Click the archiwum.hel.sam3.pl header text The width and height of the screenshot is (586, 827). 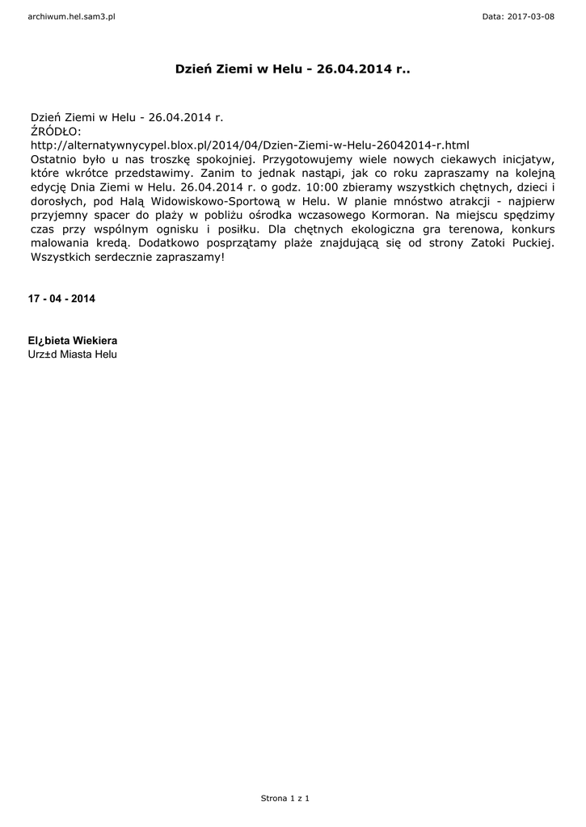point(72,16)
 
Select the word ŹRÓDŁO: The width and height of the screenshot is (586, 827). point(56,131)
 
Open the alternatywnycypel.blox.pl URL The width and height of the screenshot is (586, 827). point(250,145)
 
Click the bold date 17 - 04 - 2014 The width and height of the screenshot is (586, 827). point(61,299)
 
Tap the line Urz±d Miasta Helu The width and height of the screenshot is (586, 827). point(73,355)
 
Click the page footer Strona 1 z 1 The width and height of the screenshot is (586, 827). point(285,798)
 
